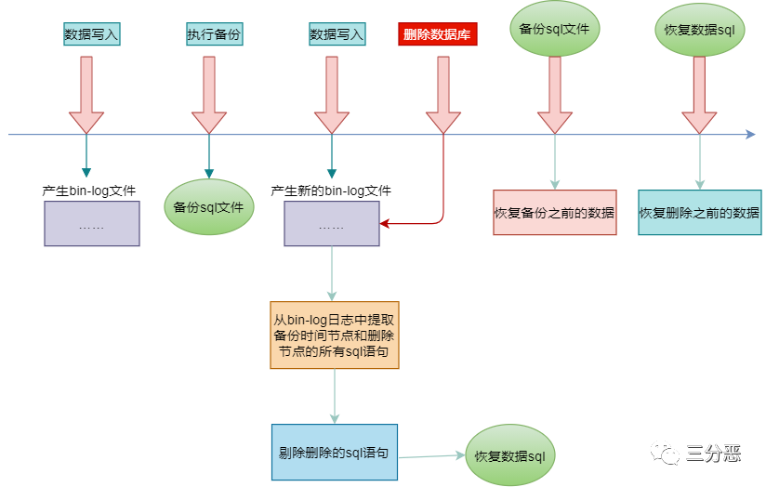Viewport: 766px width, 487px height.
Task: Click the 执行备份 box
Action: [209, 35]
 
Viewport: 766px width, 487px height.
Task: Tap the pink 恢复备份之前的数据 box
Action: [554, 213]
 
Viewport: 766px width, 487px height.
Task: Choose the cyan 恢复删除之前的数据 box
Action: [699, 213]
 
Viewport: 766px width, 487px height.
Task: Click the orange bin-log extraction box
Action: [334, 334]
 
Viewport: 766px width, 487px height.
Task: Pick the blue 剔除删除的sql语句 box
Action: [334, 453]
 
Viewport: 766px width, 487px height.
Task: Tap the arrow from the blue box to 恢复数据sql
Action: [431, 455]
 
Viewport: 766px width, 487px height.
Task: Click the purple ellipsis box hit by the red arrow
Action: [332, 224]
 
